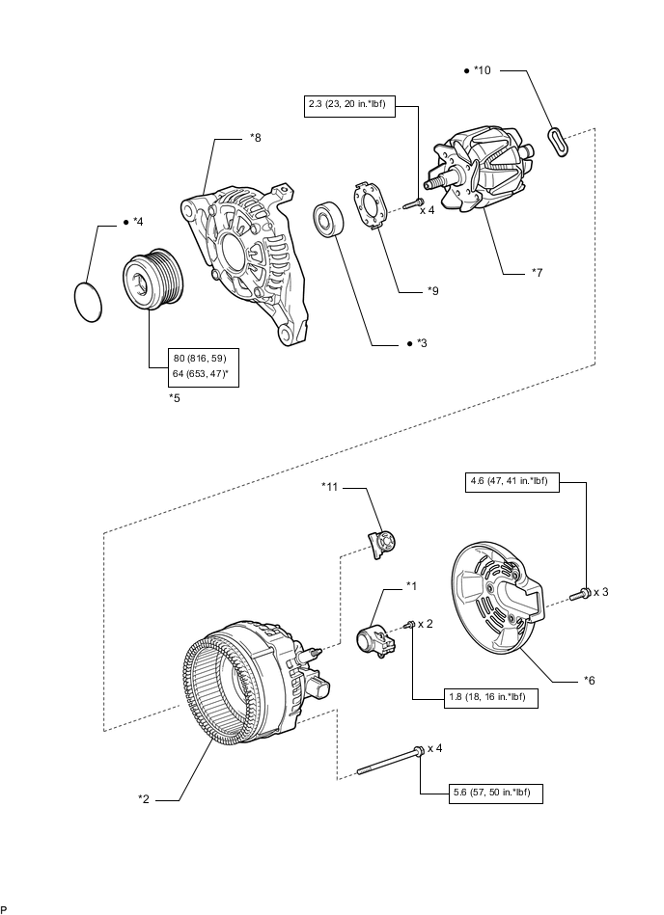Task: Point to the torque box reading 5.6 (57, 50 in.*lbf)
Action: point(496,794)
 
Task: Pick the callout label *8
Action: point(255,138)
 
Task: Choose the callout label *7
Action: point(538,273)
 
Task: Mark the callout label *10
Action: point(484,70)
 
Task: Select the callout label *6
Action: point(589,680)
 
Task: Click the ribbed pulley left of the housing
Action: point(152,280)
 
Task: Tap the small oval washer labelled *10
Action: point(557,140)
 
